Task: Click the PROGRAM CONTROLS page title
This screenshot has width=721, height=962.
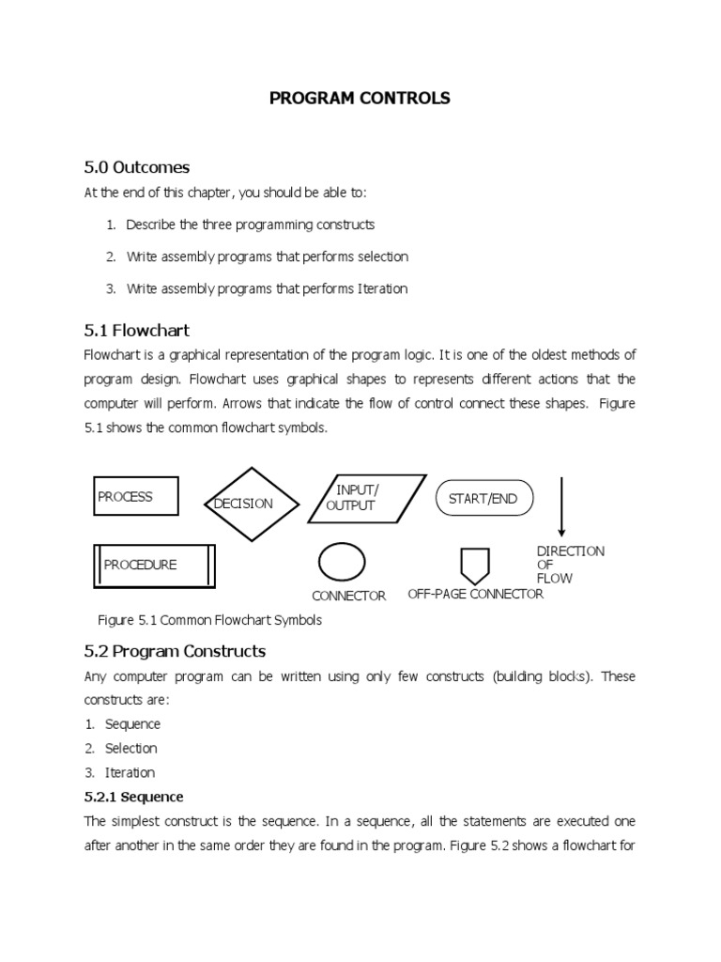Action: click(x=360, y=98)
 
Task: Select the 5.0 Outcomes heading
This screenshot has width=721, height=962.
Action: click(x=137, y=167)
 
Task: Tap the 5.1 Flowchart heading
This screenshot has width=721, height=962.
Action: click(x=137, y=330)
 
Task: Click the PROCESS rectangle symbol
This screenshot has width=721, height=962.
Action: click(x=136, y=497)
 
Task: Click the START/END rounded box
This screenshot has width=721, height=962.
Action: click(x=483, y=499)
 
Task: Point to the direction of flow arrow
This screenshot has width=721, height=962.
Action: click(x=561, y=506)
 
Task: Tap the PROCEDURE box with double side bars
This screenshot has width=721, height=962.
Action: click(x=154, y=565)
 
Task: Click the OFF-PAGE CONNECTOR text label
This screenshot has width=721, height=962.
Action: click(x=475, y=595)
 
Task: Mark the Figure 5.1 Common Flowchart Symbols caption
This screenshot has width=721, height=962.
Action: click(x=210, y=620)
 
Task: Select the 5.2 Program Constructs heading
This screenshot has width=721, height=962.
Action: click(x=176, y=651)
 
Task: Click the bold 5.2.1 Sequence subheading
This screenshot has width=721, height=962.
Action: click(x=133, y=797)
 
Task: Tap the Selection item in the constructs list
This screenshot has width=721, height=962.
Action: click(x=130, y=749)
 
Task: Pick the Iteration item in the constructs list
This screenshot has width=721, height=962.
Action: click(x=130, y=772)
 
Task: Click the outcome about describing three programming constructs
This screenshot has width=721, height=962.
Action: click(x=250, y=225)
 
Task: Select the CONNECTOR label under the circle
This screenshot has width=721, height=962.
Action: click(x=348, y=597)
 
